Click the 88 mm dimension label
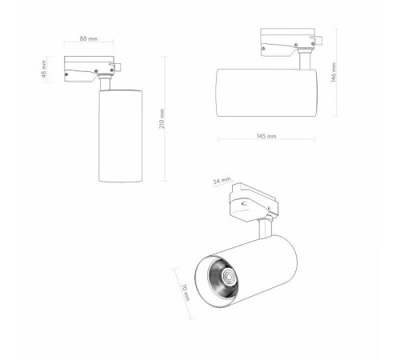pyautogui.click(x=89, y=38)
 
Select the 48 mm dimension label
pyautogui.click(x=44, y=70)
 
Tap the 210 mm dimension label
pyautogui.click(x=162, y=118)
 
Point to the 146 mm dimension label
pyautogui.click(x=334, y=73)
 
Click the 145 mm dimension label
pyautogui.click(x=266, y=136)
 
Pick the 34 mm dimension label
pyautogui.click(x=222, y=181)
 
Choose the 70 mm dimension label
pyautogui.click(x=185, y=293)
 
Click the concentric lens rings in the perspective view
pyautogui.click(x=229, y=277)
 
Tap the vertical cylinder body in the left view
pyautogui.click(x=120, y=136)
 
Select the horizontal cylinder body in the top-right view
pyautogui.click(x=267, y=93)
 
